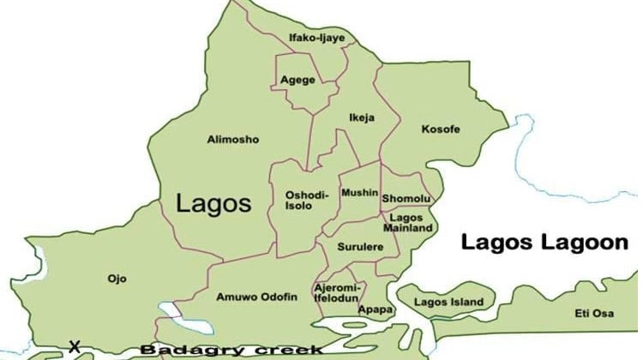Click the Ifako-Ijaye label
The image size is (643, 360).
(316, 38)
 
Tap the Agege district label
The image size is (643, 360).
(297, 81)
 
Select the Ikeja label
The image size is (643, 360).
(362, 117)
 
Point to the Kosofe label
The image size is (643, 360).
(441, 129)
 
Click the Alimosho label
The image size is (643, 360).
(232, 139)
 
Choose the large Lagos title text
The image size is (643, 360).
(213, 203)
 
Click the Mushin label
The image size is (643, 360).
(359, 194)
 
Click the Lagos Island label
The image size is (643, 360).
(448, 303)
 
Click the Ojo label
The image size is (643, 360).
(117, 279)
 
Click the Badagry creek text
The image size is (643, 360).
(231, 350)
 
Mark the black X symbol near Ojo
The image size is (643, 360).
(75, 346)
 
